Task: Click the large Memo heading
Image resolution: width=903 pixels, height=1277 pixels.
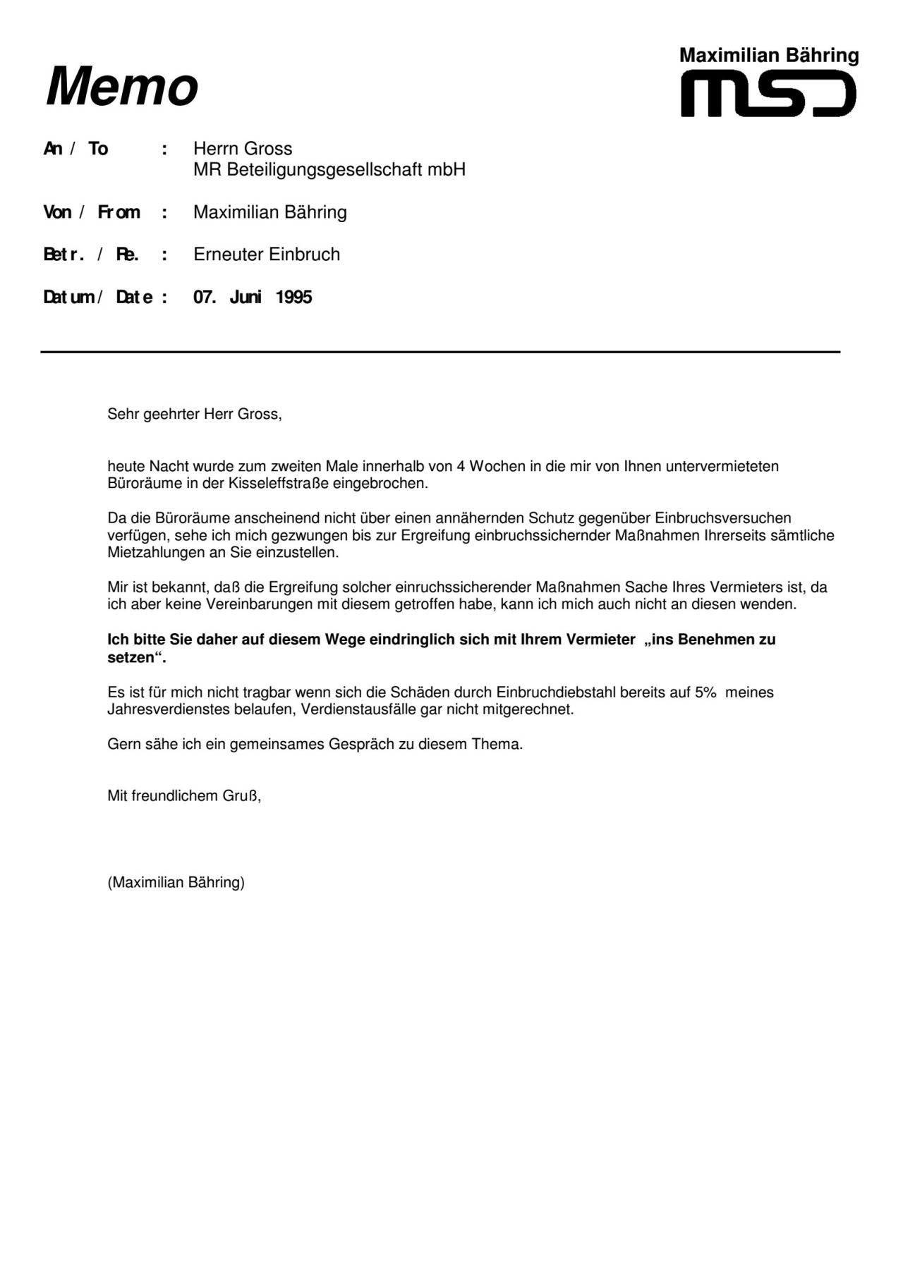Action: coord(122,87)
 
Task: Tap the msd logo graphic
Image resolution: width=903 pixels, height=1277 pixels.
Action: coord(768,97)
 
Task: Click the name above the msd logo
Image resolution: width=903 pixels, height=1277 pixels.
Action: coord(768,56)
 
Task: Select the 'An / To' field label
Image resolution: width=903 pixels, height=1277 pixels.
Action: coord(75,149)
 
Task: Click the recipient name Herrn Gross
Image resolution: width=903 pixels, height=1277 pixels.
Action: coord(242,149)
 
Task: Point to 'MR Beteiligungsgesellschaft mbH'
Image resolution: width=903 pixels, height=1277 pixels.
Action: coord(329,170)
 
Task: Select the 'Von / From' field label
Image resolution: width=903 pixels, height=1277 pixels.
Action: coord(92,212)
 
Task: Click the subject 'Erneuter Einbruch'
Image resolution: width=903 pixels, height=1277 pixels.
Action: coord(267,255)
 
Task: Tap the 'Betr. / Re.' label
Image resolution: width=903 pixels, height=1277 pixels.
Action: coord(91,255)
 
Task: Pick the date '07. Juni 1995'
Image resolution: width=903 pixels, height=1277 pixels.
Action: coord(253,297)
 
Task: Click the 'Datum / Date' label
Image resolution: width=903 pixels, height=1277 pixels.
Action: coord(98,297)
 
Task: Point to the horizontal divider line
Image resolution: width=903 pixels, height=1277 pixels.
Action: coord(440,351)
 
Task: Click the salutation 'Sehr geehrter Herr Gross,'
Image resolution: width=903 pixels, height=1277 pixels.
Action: coord(194,414)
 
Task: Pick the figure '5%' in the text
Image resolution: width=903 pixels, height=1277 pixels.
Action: coord(705,692)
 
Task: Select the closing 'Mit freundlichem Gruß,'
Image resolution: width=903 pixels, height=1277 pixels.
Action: coord(184,796)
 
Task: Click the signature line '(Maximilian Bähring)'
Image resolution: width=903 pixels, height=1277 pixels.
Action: coord(176,882)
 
